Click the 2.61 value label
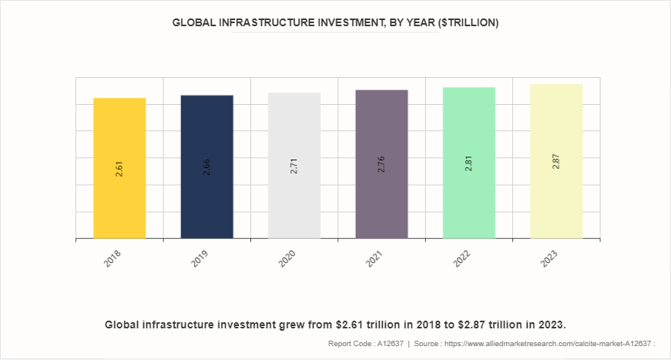[x=119, y=169]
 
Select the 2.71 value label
[x=294, y=166]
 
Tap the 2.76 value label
[x=381, y=164]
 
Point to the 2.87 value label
[x=556, y=161]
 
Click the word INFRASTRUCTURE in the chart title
[x=264, y=23]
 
